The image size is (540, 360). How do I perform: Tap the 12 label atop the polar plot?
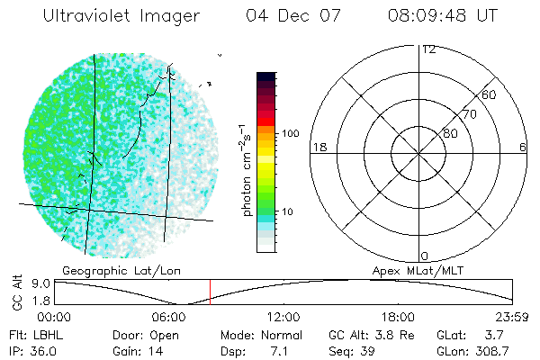428,49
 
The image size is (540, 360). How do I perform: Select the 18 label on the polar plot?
318,147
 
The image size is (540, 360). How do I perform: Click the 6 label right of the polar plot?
523,147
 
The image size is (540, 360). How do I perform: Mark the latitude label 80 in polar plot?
450,133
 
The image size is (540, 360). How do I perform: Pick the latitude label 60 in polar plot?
489,94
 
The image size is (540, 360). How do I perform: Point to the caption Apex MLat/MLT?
418,269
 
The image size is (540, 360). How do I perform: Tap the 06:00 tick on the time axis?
169,317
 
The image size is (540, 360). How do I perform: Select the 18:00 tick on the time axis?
399,317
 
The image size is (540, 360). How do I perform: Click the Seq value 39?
370,351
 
